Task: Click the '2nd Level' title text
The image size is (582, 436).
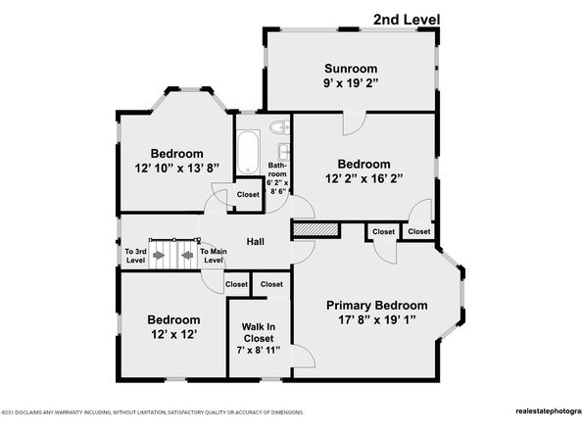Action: [407, 19]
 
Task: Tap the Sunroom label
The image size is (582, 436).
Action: [351, 69]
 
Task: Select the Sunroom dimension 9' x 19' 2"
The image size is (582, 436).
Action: [351, 84]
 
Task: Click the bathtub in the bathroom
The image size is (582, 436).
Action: [246, 152]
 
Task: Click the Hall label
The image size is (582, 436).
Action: [255, 242]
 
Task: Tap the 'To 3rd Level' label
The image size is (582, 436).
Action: [134, 257]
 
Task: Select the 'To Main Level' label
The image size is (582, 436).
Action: [215, 257]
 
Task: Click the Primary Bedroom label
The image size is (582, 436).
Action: [377, 305]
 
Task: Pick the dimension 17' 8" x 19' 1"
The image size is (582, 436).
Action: [377, 320]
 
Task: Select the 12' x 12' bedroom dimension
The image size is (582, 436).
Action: [173, 336]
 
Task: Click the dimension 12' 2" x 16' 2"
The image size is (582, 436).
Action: [364, 179]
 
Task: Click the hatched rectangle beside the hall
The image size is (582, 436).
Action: [315, 228]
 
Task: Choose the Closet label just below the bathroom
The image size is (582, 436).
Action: [249, 195]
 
